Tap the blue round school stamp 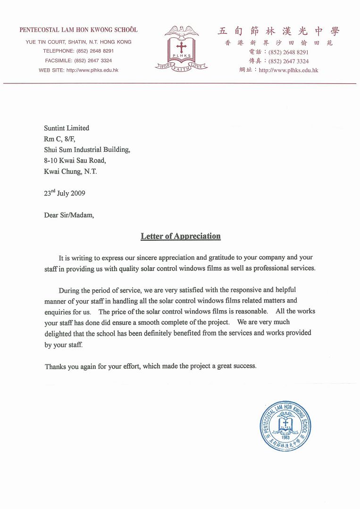285,426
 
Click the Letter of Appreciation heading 181,236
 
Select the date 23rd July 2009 65,193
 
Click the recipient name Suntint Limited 67,128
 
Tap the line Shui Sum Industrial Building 87,150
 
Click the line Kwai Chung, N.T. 70,172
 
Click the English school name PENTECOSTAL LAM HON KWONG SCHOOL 78,30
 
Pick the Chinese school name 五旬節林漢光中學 278,32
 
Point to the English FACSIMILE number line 78,60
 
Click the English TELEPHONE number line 78,51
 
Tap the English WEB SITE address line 78,70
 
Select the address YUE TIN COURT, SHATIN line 78,42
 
